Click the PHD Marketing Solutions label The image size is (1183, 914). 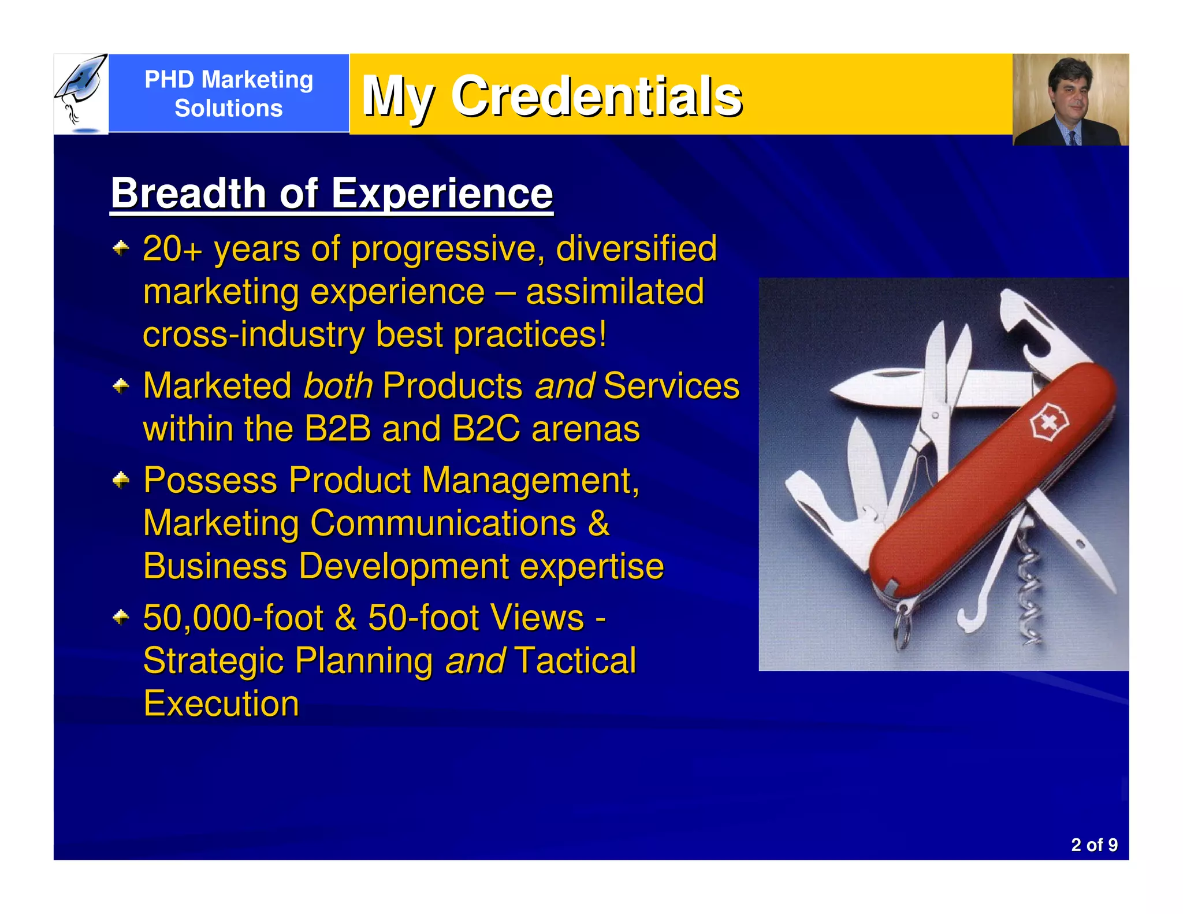[229, 94]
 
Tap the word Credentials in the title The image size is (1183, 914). [596, 96]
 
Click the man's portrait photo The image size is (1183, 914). [1070, 99]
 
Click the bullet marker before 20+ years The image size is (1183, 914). [121, 249]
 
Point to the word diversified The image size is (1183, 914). [636, 248]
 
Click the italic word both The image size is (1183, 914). [338, 386]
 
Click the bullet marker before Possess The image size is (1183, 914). [121, 480]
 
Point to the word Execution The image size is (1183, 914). [221, 704]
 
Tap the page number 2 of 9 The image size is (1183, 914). [1093, 845]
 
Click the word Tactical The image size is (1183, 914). [575, 661]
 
